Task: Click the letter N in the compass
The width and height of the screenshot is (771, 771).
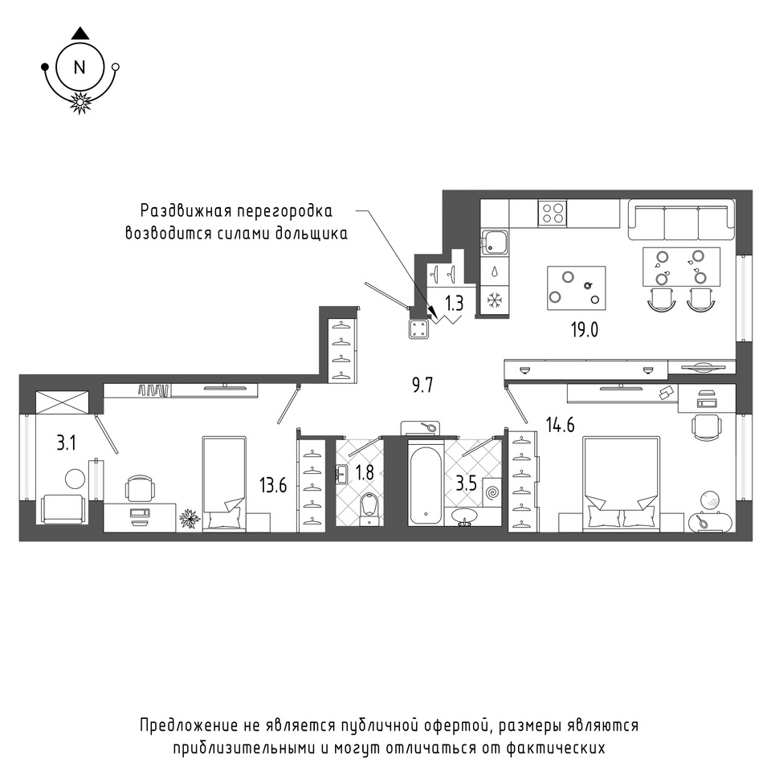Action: click(80, 67)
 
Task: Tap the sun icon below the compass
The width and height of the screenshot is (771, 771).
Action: click(80, 102)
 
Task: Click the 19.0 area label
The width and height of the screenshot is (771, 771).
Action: click(585, 330)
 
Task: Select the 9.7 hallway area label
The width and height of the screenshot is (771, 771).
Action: click(422, 385)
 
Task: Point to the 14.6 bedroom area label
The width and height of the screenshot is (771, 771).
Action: click(560, 424)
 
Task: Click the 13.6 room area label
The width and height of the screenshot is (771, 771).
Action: click(273, 486)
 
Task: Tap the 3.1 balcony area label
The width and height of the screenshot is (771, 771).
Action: click(66, 443)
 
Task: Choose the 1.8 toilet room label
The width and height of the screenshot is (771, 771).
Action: click(365, 472)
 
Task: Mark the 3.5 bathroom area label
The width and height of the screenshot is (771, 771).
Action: click(466, 483)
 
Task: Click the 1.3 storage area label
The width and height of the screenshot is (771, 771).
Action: click(455, 304)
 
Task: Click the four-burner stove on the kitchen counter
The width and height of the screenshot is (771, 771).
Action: click(553, 213)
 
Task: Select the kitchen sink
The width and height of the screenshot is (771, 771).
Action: click(494, 242)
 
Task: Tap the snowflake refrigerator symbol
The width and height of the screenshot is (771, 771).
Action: click(494, 300)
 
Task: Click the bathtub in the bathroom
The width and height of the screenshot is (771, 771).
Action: click(426, 483)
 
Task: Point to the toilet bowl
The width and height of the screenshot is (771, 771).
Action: click(369, 509)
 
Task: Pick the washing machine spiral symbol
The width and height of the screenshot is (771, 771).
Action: click(492, 492)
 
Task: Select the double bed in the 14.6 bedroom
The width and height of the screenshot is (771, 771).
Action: click(621, 483)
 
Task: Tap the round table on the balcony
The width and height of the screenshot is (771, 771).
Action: click(75, 479)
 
